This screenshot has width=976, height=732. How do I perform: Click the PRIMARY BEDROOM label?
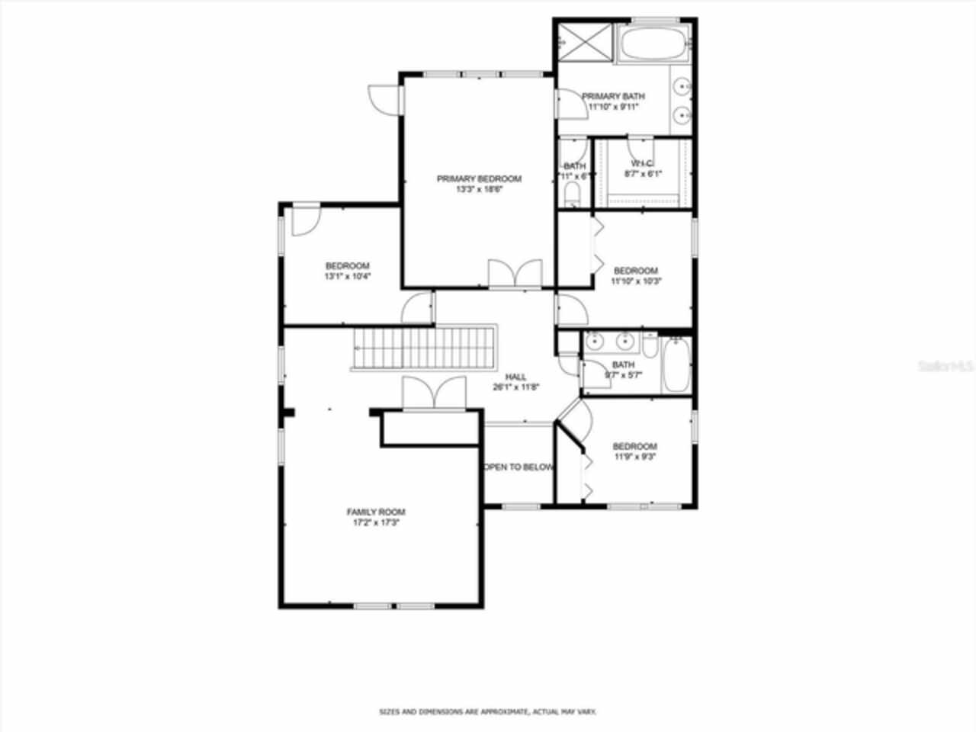tap(479, 179)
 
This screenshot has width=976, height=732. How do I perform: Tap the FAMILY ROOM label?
tap(376, 512)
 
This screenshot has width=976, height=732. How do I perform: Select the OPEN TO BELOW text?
tap(518, 467)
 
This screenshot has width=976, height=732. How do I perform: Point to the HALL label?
tap(516, 377)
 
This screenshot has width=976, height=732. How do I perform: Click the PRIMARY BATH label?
tap(613, 97)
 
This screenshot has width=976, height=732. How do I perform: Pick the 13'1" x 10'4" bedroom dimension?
tap(347, 277)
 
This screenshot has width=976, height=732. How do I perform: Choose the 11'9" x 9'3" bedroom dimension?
tap(635, 457)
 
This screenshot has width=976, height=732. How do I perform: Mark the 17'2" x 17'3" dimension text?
tap(376, 523)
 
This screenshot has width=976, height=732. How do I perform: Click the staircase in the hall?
tap(424, 348)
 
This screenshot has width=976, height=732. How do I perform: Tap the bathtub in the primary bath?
tap(655, 43)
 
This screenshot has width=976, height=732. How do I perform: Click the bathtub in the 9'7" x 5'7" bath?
tap(676, 366)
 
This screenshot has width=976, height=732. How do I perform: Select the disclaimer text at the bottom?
tap(488, 711)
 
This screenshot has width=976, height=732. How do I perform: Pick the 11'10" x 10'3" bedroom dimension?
tap(636, 281)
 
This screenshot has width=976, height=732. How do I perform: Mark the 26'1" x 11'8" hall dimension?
tap(516, 387)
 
